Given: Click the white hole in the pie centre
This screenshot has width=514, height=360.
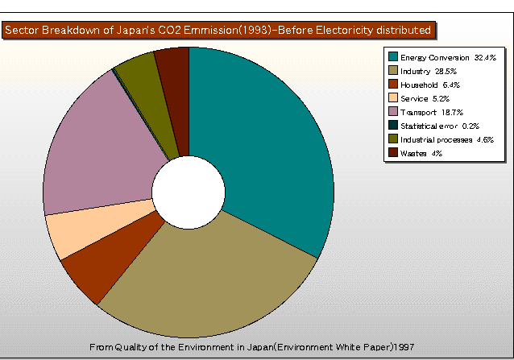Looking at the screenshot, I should (188, 190).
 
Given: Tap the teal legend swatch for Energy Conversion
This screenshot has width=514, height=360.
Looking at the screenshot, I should (393, 57).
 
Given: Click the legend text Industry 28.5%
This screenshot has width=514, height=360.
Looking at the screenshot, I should (425, 71).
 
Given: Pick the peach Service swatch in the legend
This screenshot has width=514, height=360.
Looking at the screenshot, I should (393, 98).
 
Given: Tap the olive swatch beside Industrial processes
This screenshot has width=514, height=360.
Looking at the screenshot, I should (393, 139).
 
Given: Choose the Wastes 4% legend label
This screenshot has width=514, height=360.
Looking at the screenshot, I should (421, 153).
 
